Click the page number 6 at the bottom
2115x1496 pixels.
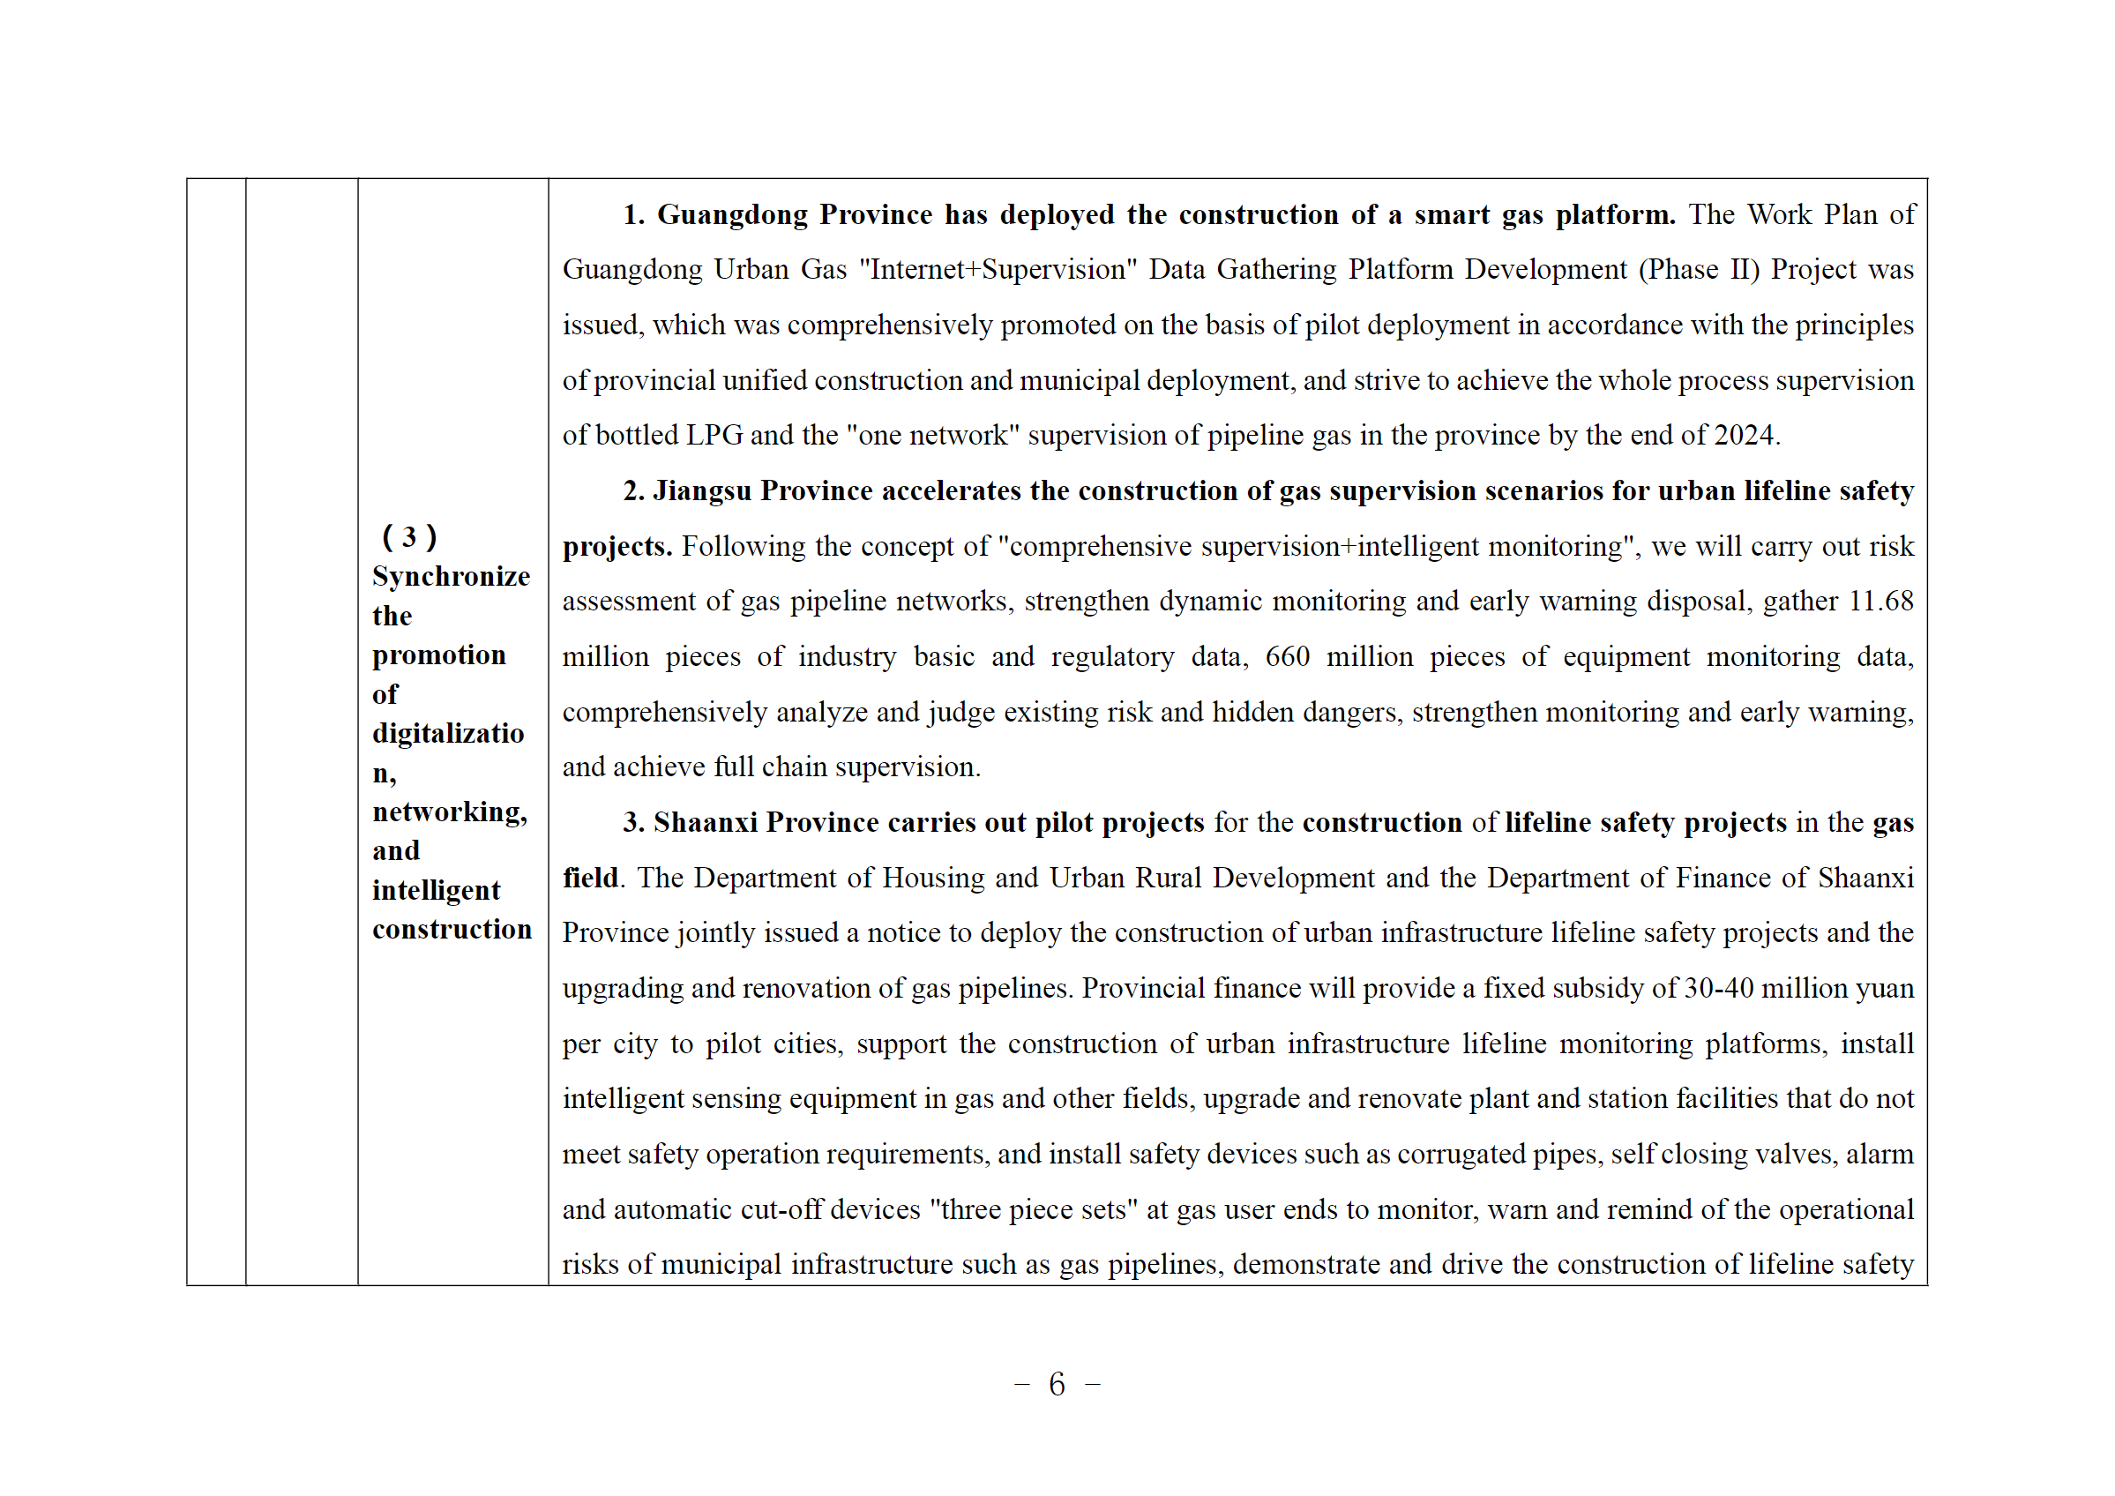(x=1057, y=1385)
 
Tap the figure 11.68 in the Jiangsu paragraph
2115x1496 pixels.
(x=1881, y=601)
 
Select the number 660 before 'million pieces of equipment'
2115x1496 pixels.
(x=1287, y=656)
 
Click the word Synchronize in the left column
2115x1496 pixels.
(x=451, y=577)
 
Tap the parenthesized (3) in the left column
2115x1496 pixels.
(x=409, y=536)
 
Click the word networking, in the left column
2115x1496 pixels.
(x=450, y=812)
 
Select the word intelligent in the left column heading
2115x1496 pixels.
(x=436, y=890)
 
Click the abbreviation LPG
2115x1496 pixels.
(x=714, y=435)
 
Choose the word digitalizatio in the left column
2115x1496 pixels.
(x=448, y=733)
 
